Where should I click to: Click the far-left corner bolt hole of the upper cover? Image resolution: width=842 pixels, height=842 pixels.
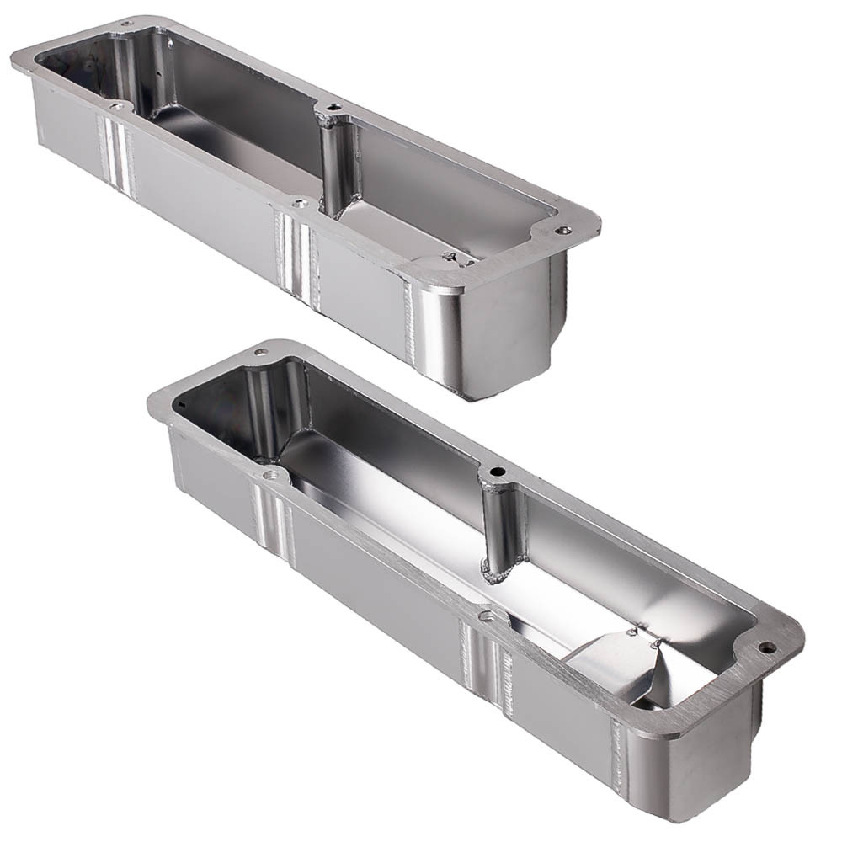coord(126,24)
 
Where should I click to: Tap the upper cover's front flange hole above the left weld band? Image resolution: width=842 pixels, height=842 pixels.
coord(117,107)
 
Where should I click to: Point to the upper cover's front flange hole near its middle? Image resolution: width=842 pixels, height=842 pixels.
coord(299,203)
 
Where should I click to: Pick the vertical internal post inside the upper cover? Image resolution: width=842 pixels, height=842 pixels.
coord(336,164)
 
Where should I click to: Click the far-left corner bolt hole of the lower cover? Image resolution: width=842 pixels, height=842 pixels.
coord(262,351)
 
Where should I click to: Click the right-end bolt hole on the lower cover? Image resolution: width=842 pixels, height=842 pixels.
coord(766,647)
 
